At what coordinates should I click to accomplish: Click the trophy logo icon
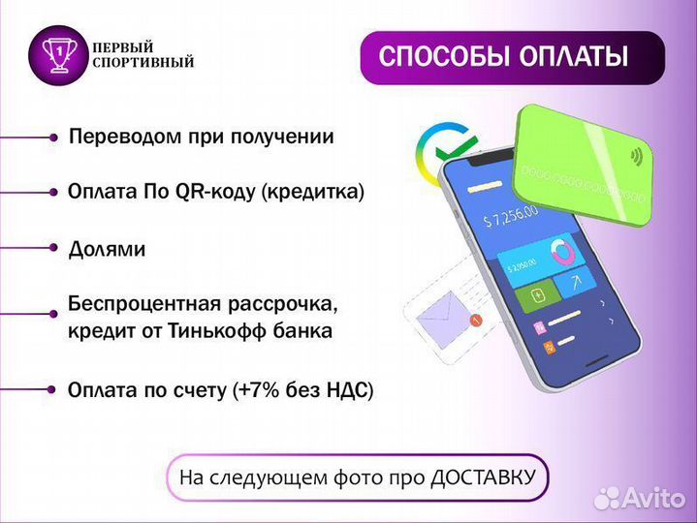(x=60, y=55)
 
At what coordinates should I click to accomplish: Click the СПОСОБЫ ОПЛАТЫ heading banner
(x=512, y=57)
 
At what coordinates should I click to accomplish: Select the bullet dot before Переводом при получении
(x=54, y=138)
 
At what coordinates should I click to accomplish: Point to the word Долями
(x=107, y=249)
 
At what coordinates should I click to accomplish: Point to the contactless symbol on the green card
(x=638, y=155)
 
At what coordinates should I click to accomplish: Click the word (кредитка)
(x=313, y=192)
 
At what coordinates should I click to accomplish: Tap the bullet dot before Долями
(x=54, y=248)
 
